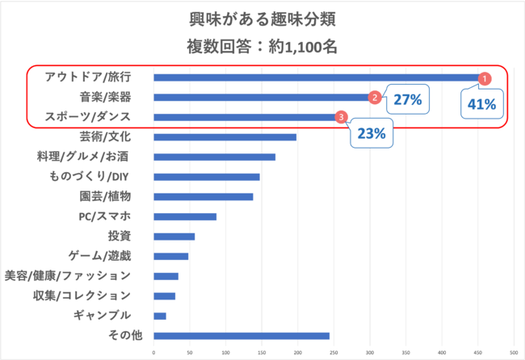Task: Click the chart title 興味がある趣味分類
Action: (x=262, y=19)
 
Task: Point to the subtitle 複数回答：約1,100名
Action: (x=262, y=46)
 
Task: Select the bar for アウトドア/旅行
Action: (x=315, y=77)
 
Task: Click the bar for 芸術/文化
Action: (x=225, y=137)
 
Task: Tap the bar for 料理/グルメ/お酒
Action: (x=214, y=157)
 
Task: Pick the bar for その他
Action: (x=241, y=336)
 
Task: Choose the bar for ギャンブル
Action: (x=160, y=316)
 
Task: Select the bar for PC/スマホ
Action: (x=185, y=216)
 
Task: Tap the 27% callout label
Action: (x=408, y=100)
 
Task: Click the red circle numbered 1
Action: (x=485, y=78)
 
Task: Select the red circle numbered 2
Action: (x=375, y=98)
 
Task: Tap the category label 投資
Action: (x=119, y=236)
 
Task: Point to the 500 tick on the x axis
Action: (x=514, y=353)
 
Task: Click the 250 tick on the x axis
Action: (x=334, y=353)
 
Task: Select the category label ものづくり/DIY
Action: (x=90, y=177)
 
